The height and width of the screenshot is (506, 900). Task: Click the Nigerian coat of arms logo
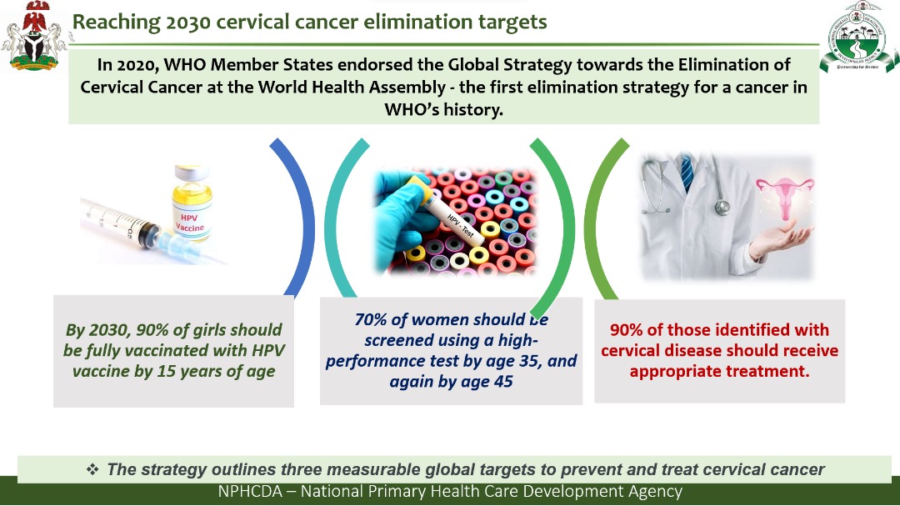point(33,36)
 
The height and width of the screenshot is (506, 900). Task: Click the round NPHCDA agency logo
point(859,36)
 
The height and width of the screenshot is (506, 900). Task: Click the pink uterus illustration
point(785,195)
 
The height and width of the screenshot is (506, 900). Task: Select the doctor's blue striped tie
point(687,173)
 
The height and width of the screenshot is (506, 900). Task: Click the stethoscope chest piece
point(722,208)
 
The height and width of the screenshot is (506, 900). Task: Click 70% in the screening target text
point(370,319)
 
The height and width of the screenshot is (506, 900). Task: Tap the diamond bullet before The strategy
point(92,469)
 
